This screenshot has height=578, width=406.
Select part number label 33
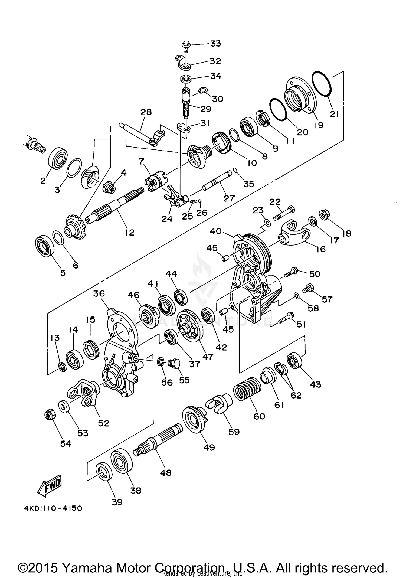pyautogui.click(x=215, y=43)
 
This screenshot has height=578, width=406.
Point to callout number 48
pyautogui.click(x=166, y=473)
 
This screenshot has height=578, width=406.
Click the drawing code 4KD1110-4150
pyautogui.click(x=53, y=508)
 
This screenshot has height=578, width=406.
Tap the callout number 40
pyautogui.click(x=216, y=231)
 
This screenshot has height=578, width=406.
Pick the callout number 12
pyautogui.click(x=130, y=232)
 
